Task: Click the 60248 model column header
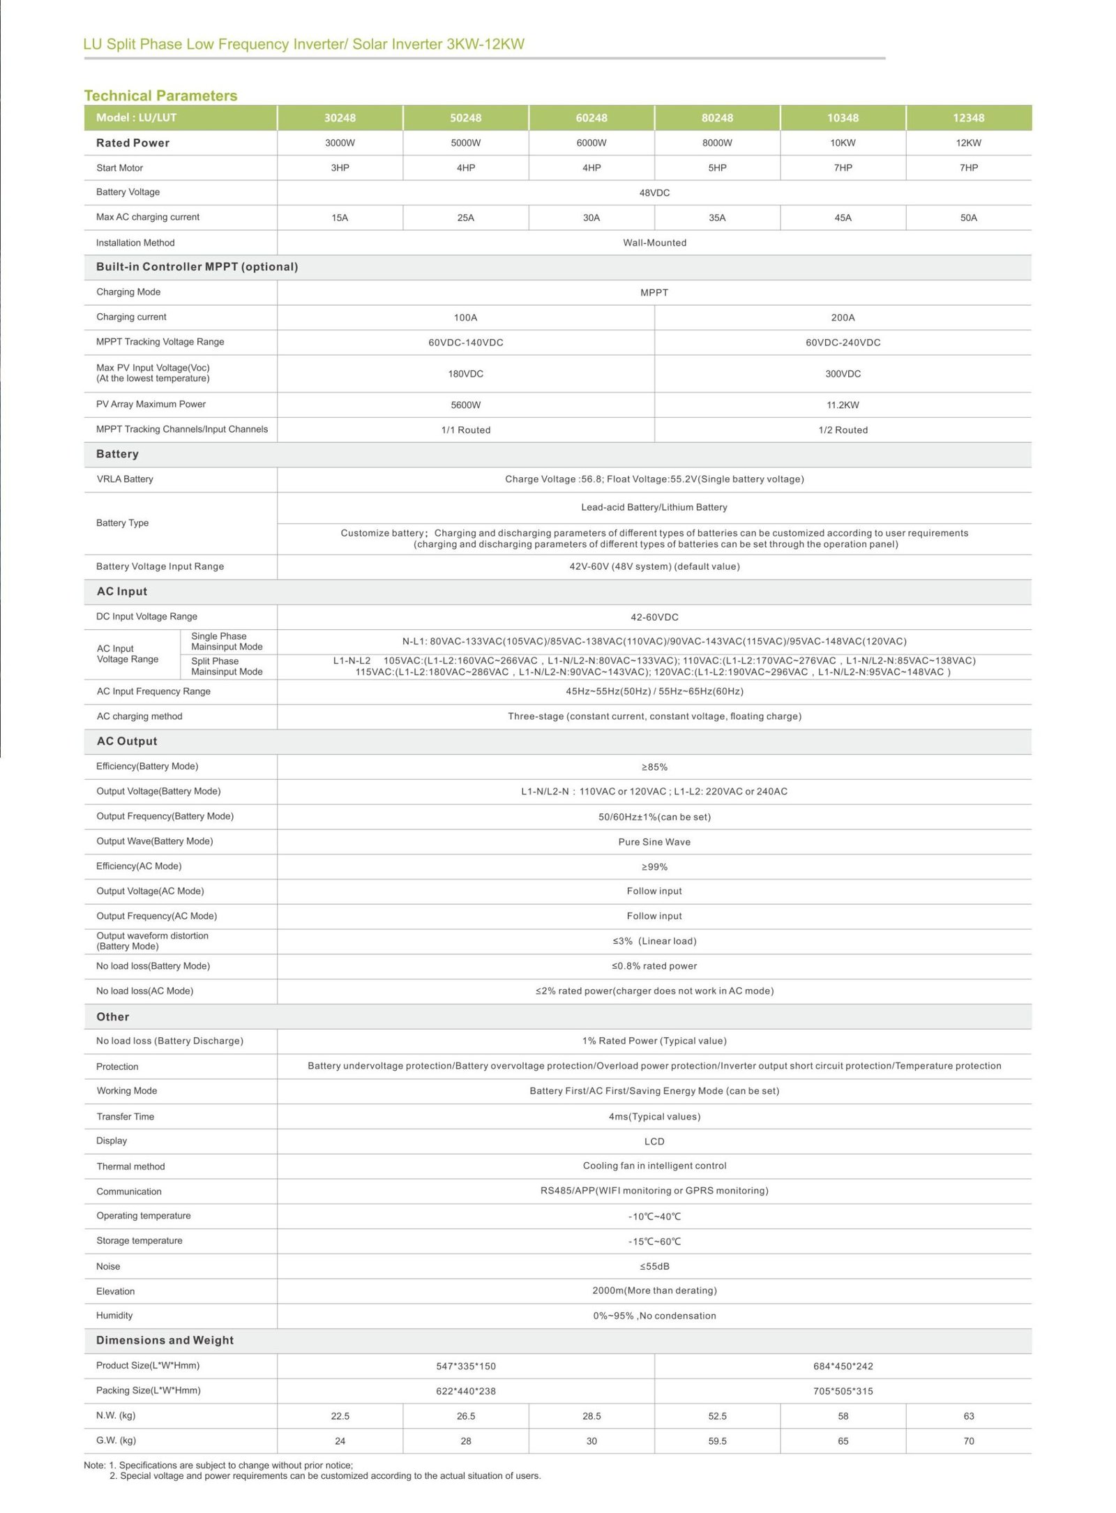pos(591,118)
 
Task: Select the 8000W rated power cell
pos(717,143)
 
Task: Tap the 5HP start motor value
pos(717,168)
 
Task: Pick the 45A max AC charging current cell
pos(843,218)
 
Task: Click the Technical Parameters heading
pos(160,96)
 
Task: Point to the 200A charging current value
pos(843,317)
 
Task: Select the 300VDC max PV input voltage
pos(843,374)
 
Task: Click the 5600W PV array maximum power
pos(465,405)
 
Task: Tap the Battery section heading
pos(117,454)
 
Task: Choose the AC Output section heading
pos(127,742)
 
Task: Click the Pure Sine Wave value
pos(654,842)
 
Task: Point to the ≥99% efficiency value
pos(654,867)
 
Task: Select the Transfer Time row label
pos(126,1117)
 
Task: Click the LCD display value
pos(654,1142)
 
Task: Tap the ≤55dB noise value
pos(654,1266)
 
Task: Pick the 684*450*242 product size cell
pos(843,1366)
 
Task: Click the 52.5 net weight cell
pos(717,1416)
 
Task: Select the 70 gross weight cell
pos(968,1441)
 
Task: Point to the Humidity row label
pos(114,1316)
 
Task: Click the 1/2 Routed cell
pos(843,430)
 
